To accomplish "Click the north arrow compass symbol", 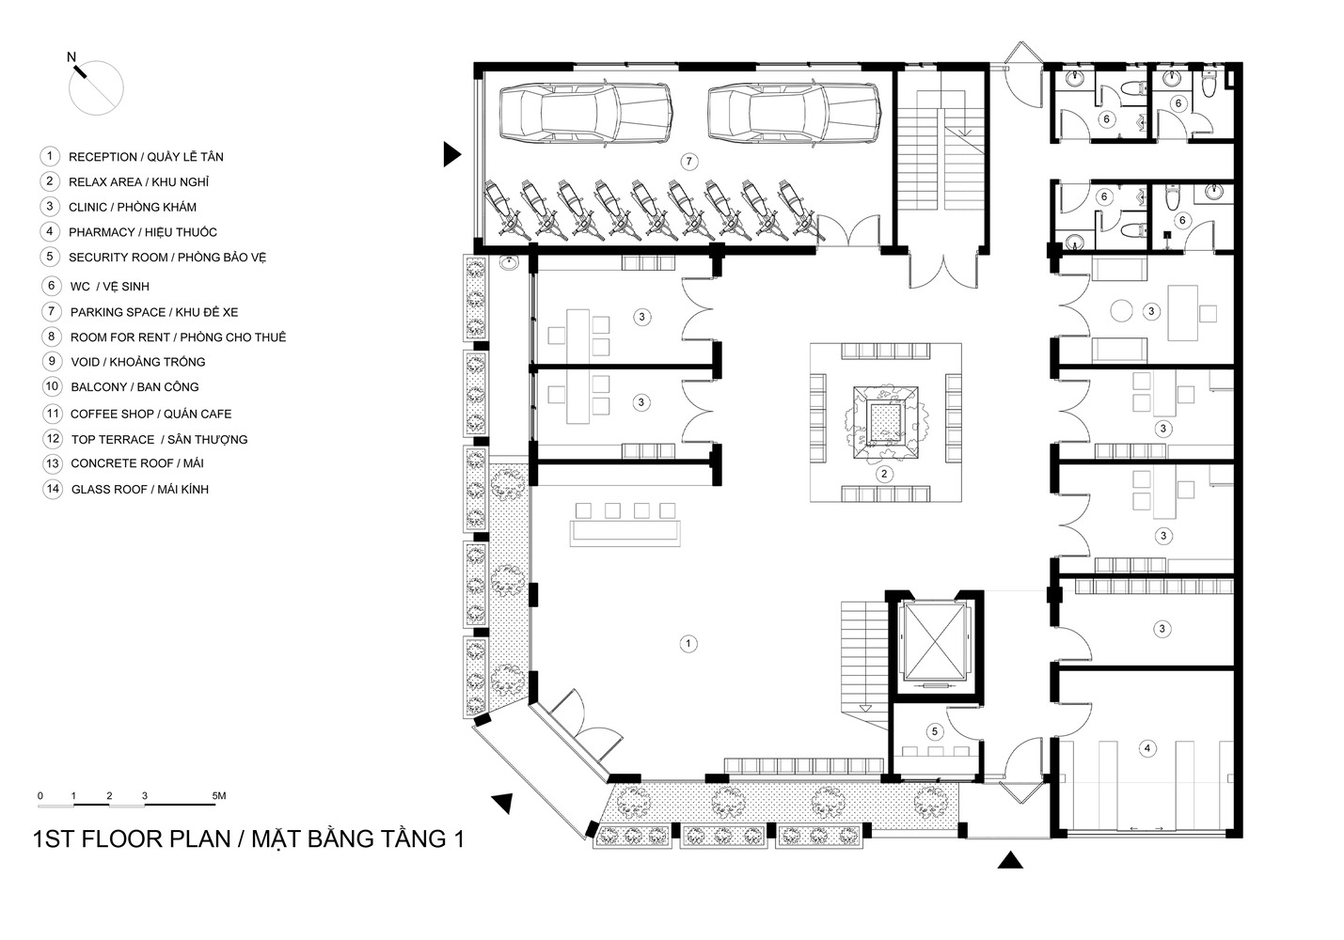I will (x=96, y=86).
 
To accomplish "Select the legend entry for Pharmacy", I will (x=142, y=232).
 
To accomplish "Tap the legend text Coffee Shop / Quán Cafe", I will (x=150, y=414).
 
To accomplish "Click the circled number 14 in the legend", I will (x=52, y=489).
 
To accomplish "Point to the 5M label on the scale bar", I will (x=219, y=796).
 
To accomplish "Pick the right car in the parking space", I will (x=793, y=113).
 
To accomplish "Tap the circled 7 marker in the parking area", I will (x=689, y=162).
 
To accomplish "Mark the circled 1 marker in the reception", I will (x=688, y=644).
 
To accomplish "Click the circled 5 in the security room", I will (x=934, y=730).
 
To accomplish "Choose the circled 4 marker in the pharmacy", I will (x=1146, y=748).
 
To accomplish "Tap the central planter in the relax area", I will (x=885, y=420).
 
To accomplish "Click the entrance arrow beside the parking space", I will (x=452, y=154).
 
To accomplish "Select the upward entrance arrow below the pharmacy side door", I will (x=1010, y=859).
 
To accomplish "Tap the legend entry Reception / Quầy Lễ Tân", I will (x=146, y=157).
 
